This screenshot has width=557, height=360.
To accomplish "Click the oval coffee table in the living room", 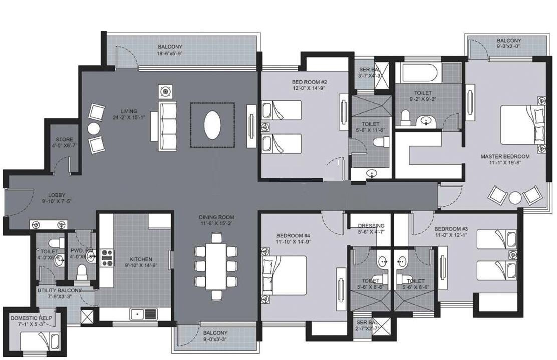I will (x=212, y=125).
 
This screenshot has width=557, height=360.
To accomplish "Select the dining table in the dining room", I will (x=216, y=265).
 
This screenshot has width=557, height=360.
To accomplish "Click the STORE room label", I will (x=64, y=139).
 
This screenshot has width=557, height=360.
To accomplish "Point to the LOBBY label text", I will (x=57, y=195).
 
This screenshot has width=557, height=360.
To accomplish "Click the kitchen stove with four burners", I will (x=107, y=257).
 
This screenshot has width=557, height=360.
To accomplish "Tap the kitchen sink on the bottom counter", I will (x=143, y=314).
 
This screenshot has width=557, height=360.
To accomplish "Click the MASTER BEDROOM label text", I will (x=505, y=156).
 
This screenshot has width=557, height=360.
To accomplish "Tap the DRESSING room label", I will (x=371, y=226).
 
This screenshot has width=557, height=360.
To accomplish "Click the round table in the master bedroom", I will (x=515, y=197).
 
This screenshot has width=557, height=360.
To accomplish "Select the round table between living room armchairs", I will (x=94, y=128).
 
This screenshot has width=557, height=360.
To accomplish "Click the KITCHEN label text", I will (x=141, y=259).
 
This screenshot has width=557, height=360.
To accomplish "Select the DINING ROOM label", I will (x=216, y=217).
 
